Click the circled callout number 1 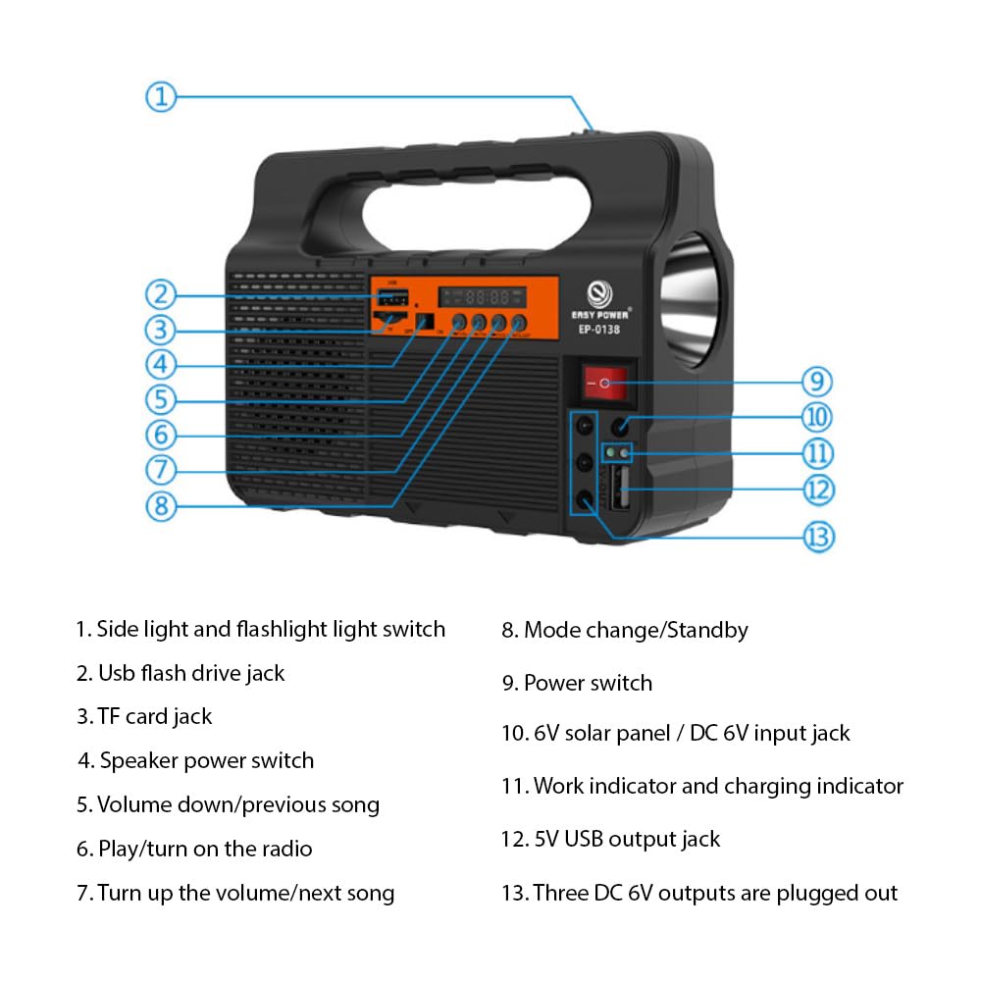[162, 96]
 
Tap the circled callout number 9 [816, 381]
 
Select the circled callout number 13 [817, 537]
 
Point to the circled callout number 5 [162, 399]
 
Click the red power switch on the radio [604, 384]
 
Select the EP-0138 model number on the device [598, 330]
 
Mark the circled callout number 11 [817, 454]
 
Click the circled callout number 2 [162, 293]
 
